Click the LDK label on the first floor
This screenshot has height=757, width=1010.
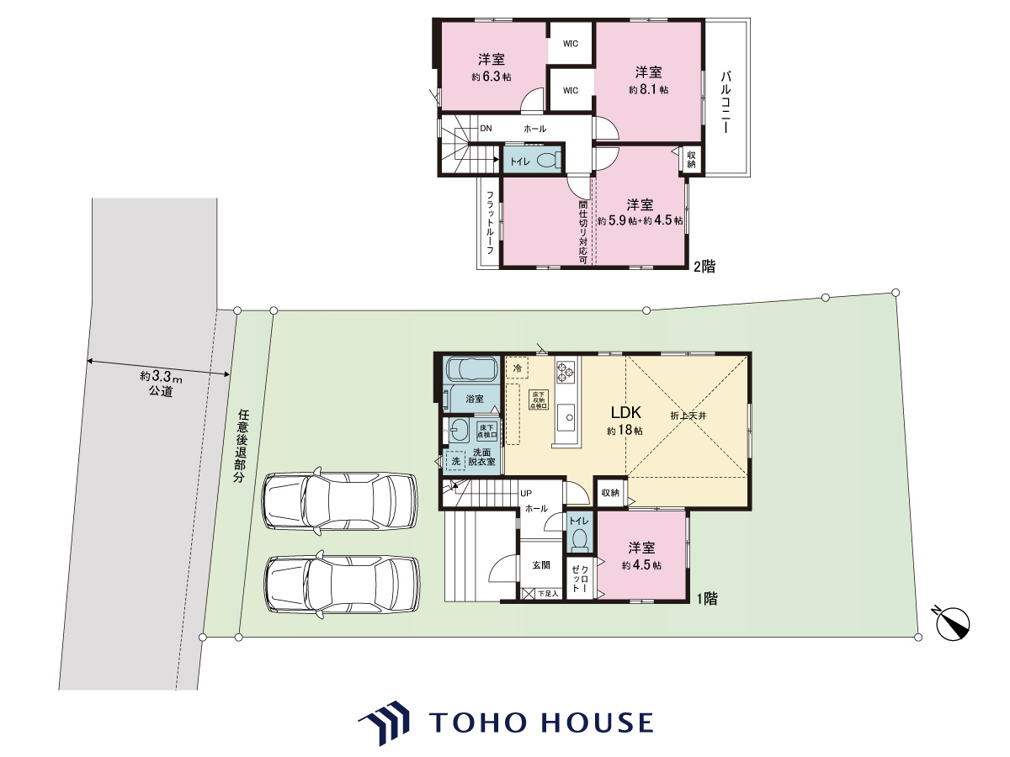pos(626,412)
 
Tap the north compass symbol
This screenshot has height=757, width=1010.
pos(953,623)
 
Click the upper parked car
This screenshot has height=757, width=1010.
pos(340,501)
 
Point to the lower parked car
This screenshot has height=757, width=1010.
pos(343,585)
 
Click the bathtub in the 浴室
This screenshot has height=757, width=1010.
pos(472,369)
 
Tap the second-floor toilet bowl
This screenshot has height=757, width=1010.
pos(549,161)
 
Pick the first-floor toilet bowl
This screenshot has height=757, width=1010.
pos(580,540)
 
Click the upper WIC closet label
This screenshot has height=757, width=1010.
pos(571,44)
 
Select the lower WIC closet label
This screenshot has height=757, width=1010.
pos(571,91)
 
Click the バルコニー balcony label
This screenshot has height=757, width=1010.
pos(726,102)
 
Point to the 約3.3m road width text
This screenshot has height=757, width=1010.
pos(161,377)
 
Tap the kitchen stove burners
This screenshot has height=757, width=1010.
pos(565,373)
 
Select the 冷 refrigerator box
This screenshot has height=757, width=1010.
pos(517,368)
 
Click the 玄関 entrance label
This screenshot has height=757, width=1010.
pos(541,565)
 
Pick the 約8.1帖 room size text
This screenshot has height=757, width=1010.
pos(649,90)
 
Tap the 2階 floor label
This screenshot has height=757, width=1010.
pos(704,266)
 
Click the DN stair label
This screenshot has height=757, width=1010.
pos(486,128)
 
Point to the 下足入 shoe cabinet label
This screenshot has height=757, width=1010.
pos(548,594)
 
